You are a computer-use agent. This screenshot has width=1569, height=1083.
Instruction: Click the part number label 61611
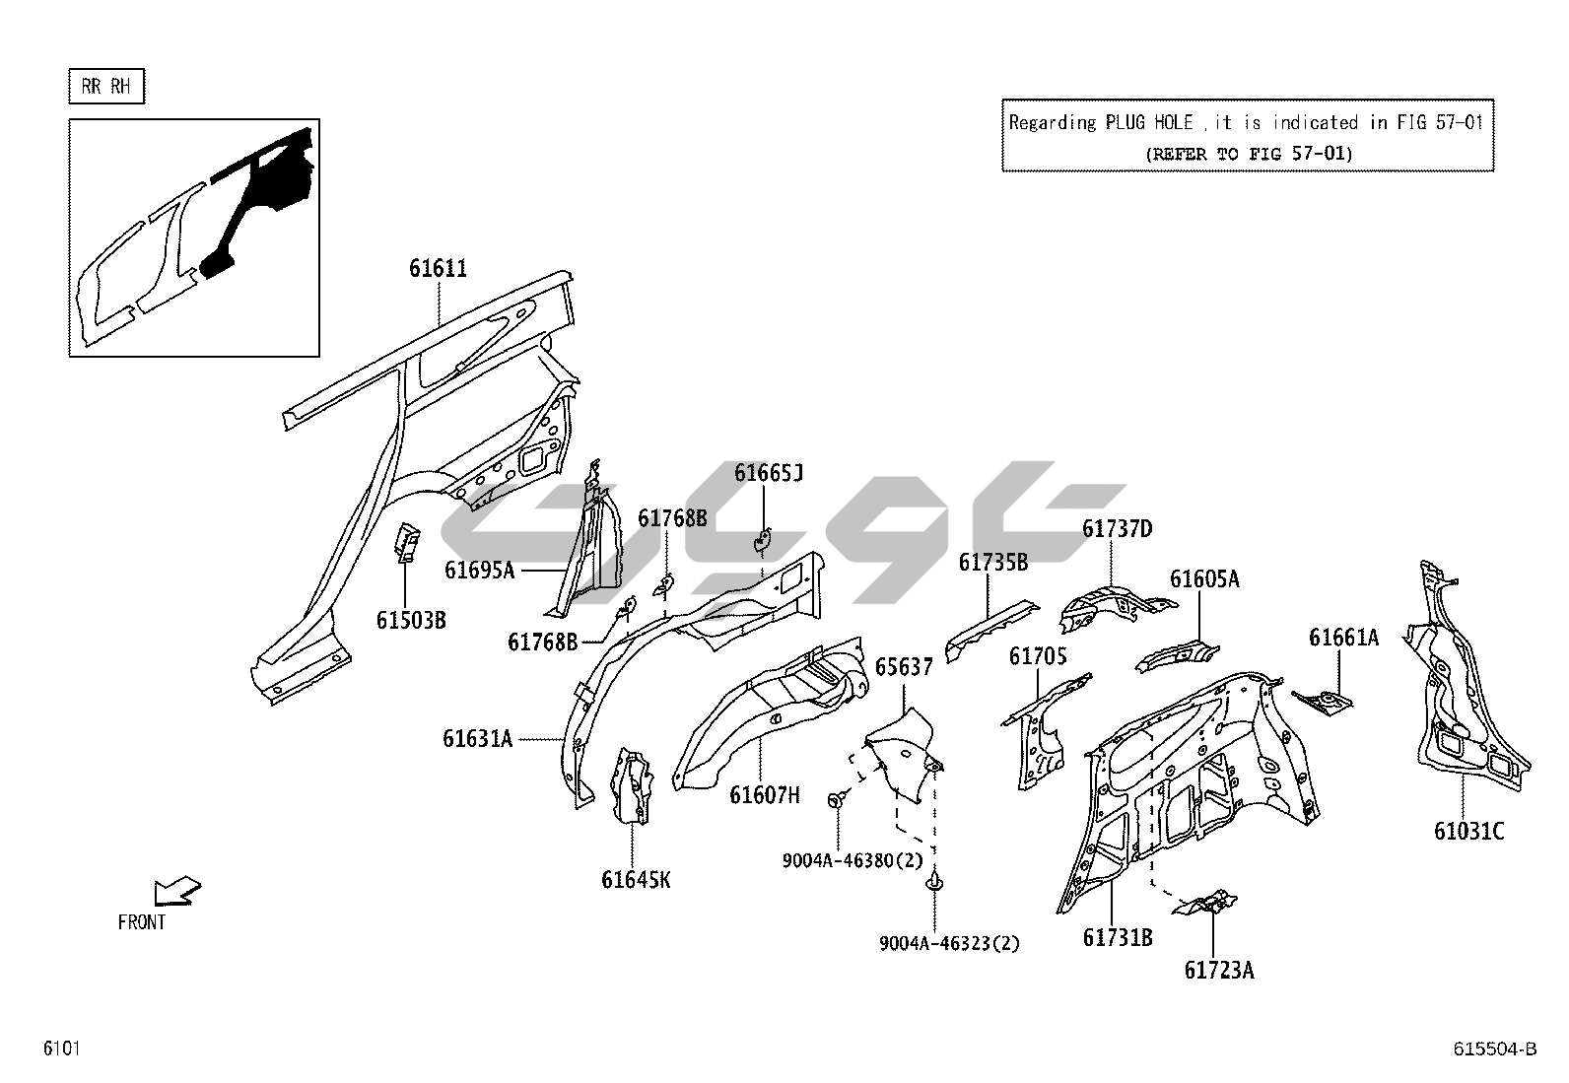439,268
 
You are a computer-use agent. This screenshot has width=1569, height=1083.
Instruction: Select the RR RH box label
106,87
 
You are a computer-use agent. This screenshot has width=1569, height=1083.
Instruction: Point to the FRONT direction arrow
177,891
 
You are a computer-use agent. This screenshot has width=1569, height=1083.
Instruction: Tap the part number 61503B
411,620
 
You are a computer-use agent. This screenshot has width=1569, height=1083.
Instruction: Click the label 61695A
480,570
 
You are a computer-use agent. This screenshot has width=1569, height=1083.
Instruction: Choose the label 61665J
769,473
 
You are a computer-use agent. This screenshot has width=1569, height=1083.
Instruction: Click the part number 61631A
478,738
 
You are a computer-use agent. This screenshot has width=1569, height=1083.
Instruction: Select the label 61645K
636,879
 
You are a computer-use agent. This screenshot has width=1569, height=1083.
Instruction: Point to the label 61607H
765,794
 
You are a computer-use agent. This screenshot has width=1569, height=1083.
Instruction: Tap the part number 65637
904,667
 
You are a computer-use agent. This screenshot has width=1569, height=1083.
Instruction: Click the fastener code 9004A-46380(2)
853,860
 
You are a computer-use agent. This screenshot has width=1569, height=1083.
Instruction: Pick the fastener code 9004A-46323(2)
949,943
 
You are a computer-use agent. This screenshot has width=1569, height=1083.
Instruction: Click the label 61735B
993,562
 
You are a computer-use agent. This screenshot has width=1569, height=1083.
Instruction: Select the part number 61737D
1117,529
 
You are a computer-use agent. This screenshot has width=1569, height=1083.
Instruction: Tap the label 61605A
1204,578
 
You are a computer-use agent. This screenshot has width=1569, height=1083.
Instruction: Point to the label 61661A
1343,638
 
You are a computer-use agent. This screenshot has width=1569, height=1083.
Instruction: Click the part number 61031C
1468,832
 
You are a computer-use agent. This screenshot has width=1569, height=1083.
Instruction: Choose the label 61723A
1219,971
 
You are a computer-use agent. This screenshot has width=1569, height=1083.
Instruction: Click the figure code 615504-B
1494,1049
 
